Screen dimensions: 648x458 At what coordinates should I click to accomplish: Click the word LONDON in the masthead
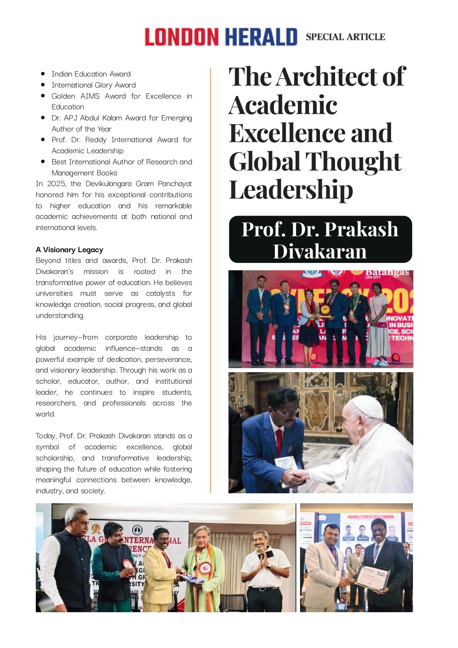[181, 37]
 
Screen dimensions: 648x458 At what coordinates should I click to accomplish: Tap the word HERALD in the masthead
[261, 37]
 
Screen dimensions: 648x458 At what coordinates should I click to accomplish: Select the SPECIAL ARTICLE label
[345, 37]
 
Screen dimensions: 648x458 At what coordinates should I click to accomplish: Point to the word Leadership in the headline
[291, 190]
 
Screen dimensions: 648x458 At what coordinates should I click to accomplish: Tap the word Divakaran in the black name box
[320, 251]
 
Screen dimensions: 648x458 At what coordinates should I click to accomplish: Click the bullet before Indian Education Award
[43, 74]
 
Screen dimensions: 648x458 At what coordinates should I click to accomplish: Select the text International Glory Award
[94, 85]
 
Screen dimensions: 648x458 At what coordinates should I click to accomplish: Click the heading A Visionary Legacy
[69, 250]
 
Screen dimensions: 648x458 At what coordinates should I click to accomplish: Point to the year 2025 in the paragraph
[56, 184]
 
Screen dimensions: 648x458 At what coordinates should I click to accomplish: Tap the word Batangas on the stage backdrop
[387, 273]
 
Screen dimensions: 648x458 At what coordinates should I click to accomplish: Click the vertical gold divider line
[211, 281]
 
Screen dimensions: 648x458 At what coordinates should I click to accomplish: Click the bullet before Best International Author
[43, 162]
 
